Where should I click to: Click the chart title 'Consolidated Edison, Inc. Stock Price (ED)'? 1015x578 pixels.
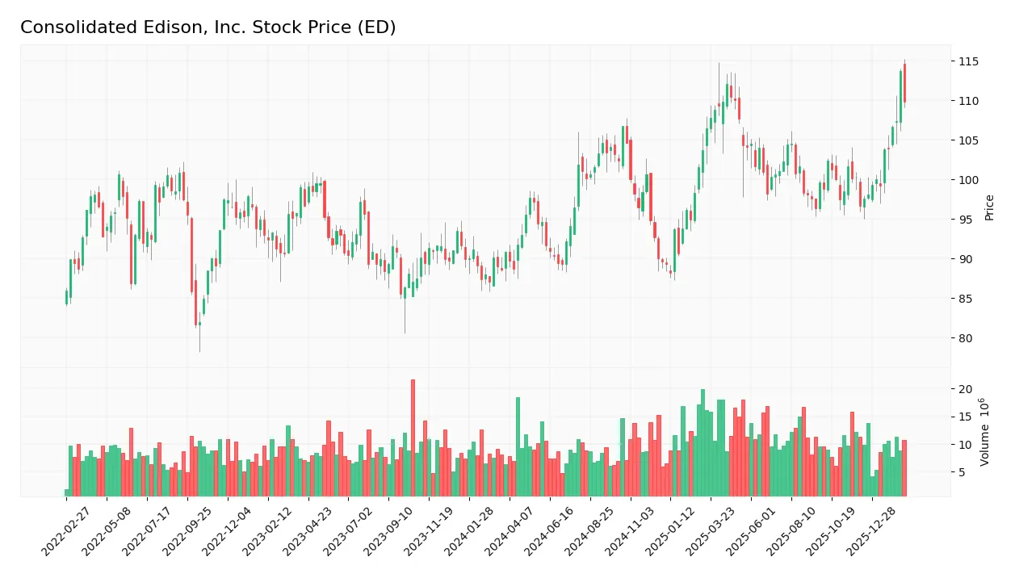[208, 27]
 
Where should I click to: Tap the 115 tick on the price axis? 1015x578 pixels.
[967, 61]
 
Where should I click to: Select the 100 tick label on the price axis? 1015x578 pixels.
[967, 180]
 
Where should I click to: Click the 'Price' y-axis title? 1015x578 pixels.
[989, 207]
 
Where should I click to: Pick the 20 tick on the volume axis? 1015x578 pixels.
[965, 389]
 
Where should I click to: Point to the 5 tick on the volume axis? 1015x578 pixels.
[963, 472]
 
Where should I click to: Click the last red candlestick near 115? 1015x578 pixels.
[904, 82]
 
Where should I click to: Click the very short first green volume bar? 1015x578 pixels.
[66, 492]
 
